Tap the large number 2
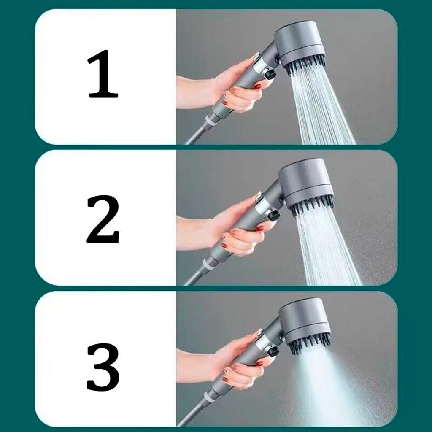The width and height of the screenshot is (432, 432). coord(103,219)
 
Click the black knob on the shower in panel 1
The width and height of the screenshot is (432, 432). coord(270,74)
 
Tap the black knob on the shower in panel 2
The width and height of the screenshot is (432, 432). coord(273,215)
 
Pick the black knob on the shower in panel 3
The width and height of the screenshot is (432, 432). coord(273,351)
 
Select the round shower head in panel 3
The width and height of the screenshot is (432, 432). coord(305,319)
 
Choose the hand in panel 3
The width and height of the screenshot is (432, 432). coord(238,363)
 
